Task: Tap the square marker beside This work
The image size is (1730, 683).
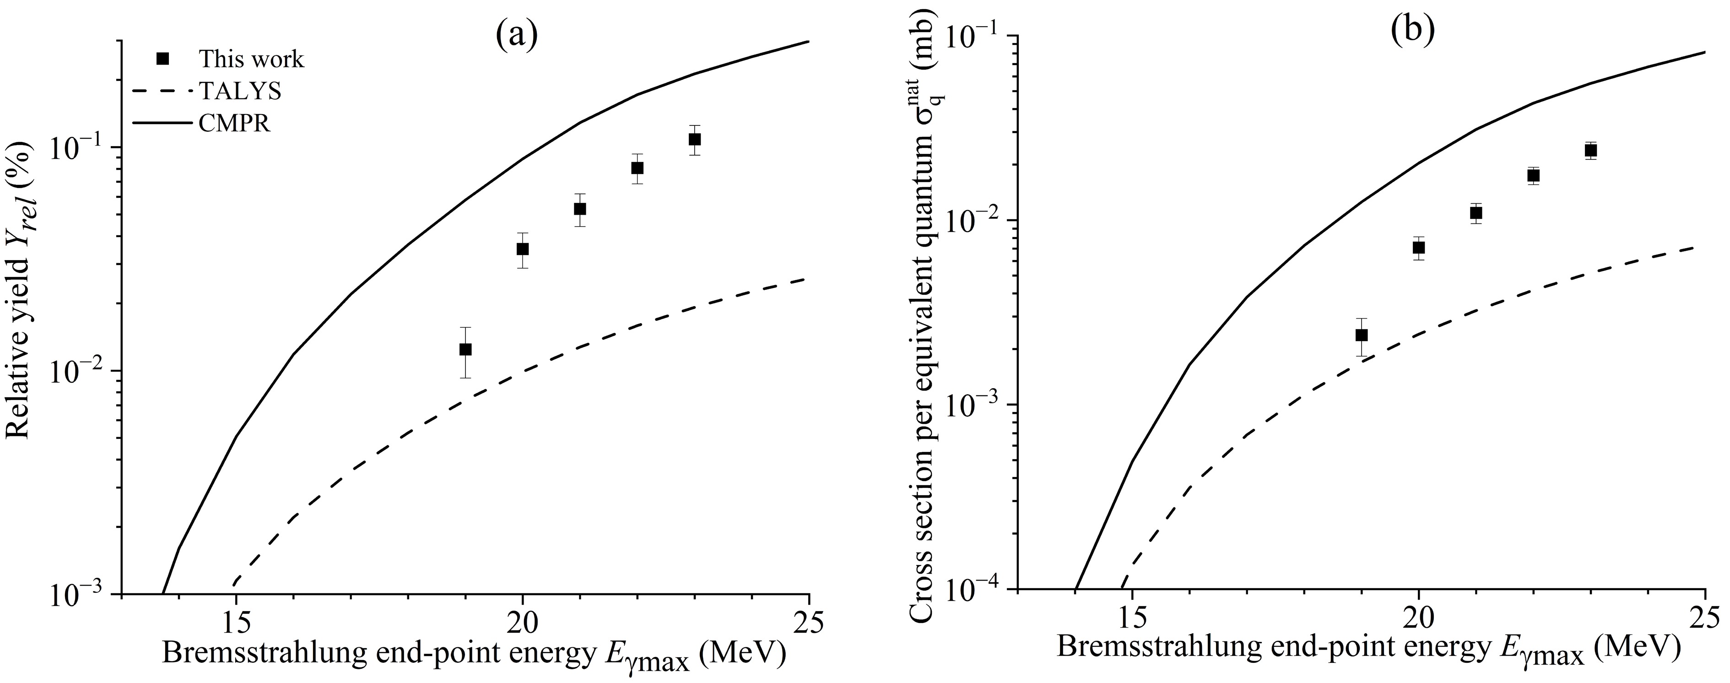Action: coord(162,59)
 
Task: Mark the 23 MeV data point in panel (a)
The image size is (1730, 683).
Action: coord(694,139)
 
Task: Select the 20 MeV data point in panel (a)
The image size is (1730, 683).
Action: coord(523,249)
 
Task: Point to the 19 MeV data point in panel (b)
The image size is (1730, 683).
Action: coord(1361,335)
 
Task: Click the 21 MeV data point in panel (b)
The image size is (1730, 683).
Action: coord(1476,213)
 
